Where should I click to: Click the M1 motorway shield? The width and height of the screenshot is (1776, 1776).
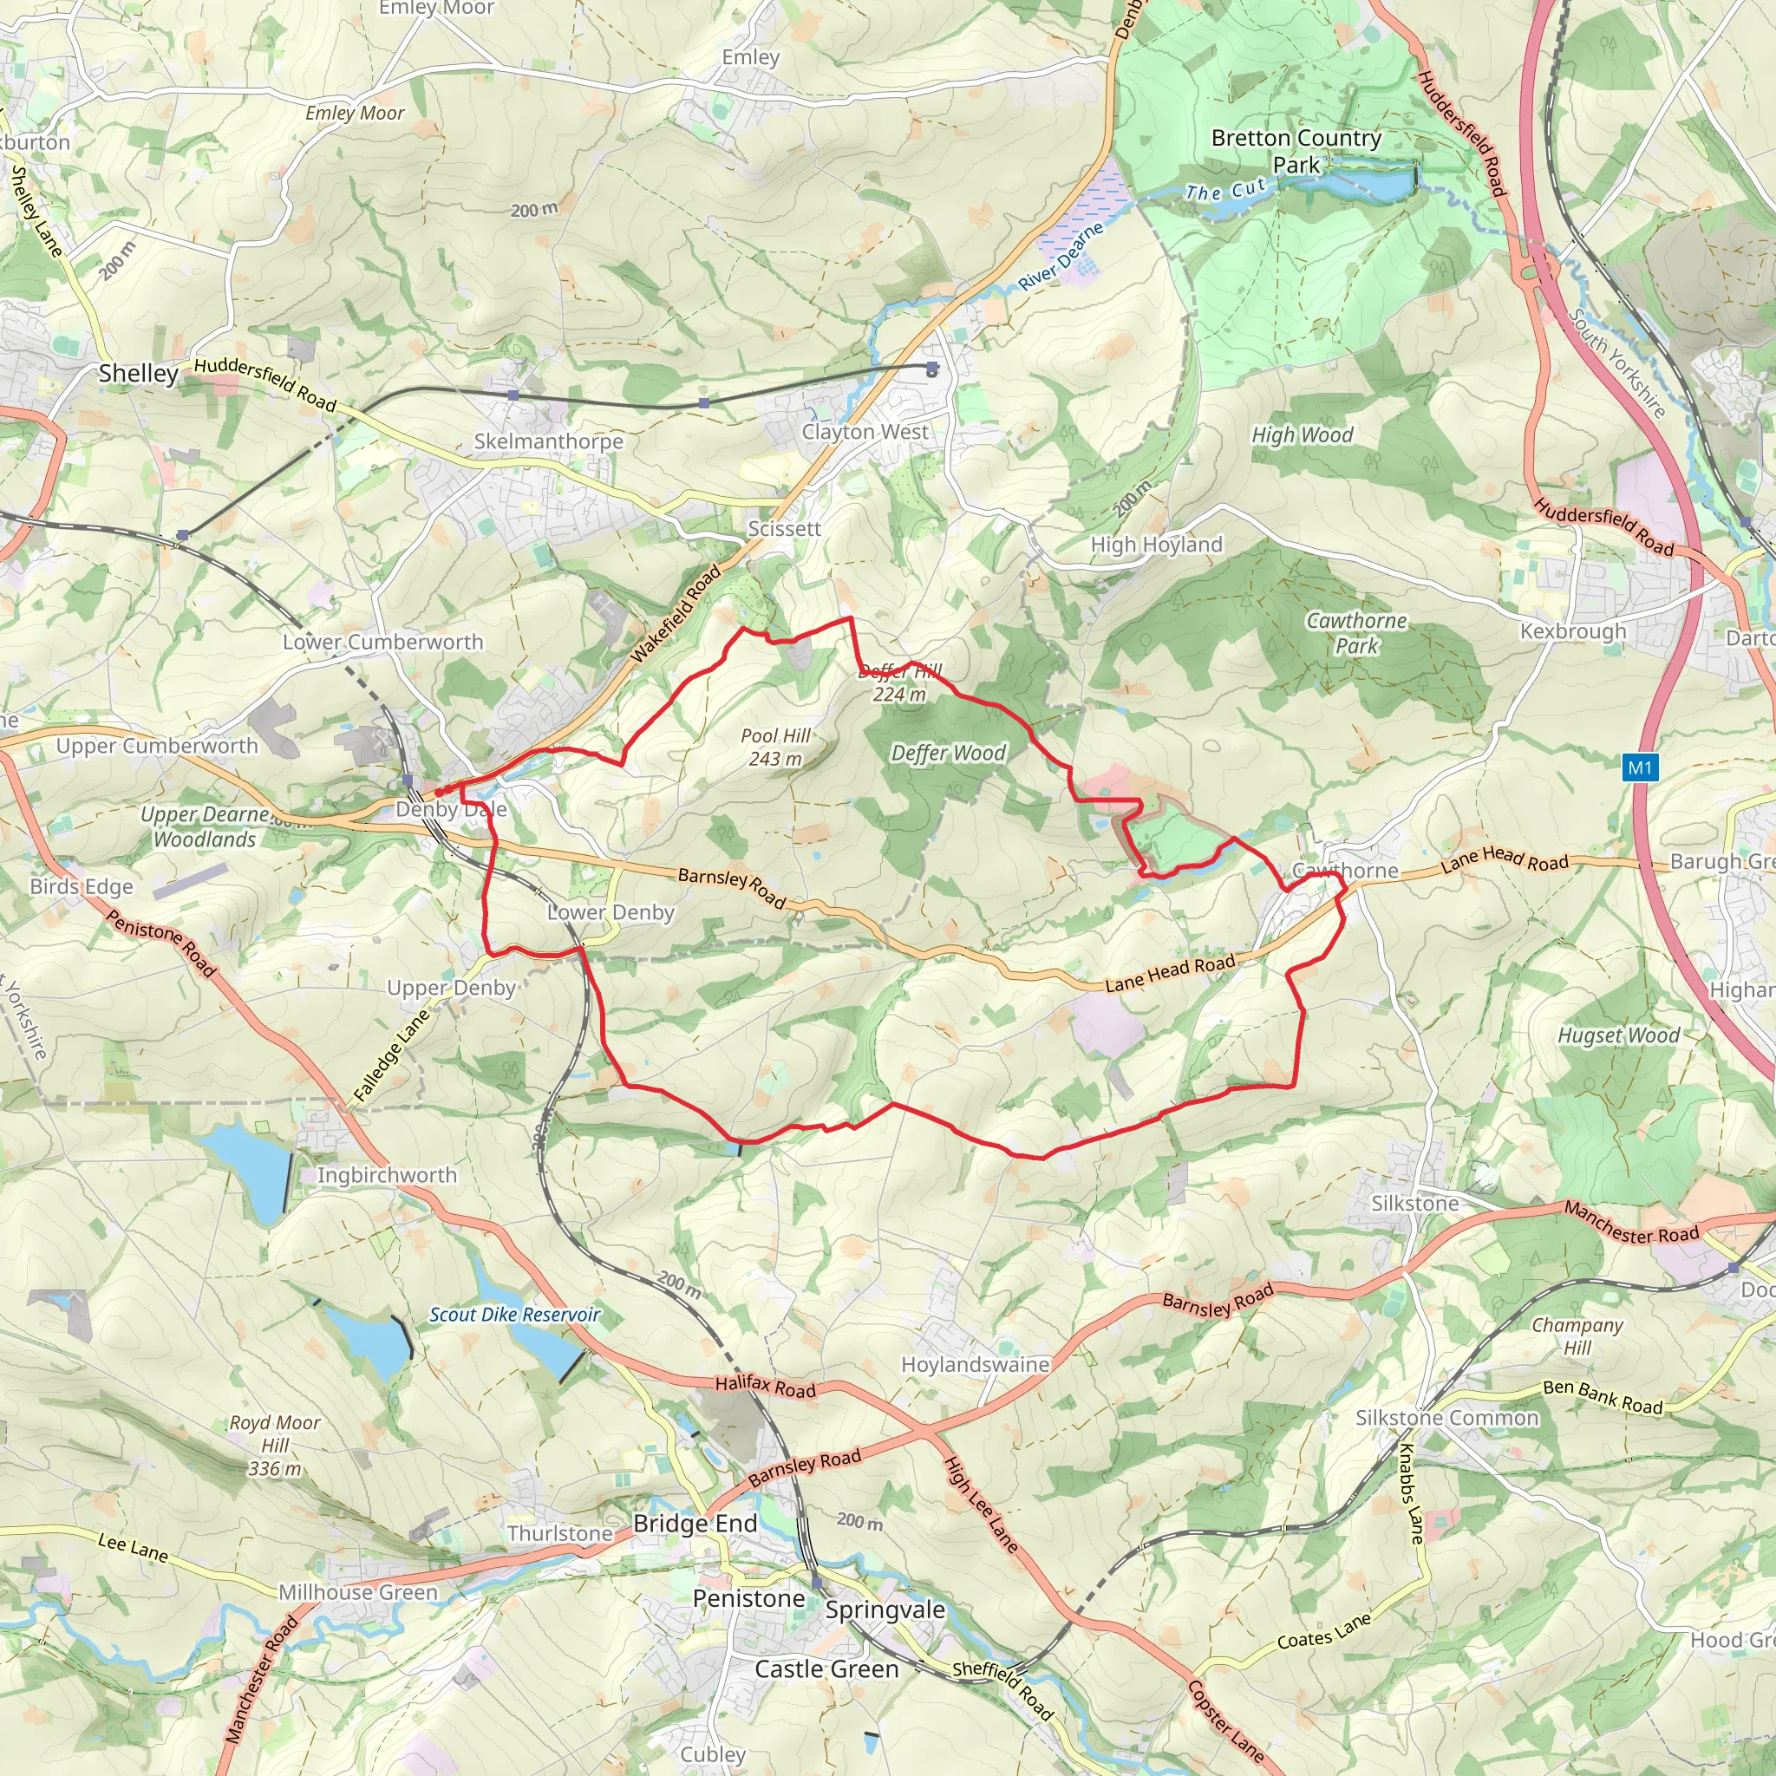tap(1640, 767)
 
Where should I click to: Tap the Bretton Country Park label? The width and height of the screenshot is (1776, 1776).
tap(1296, 152)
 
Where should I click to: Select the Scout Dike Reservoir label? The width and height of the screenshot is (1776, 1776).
tap(515, 1315)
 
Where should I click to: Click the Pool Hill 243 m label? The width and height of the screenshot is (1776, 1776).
tap(775, 748)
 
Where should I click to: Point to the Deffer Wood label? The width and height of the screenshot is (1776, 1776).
tap(949, 753)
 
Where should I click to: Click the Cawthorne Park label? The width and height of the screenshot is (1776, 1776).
tap(1357, 633)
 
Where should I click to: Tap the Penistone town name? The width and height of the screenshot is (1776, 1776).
tap(749, 1598)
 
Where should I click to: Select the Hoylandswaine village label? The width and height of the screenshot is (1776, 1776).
tap(976, 1364)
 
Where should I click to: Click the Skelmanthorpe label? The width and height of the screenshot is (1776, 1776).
tap(549, 441)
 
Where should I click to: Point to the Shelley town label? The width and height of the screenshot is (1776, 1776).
tap(139, 373)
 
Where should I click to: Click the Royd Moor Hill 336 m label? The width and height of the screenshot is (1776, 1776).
tap(275, 1445)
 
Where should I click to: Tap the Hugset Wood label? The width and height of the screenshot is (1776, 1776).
tap(1619, 1035)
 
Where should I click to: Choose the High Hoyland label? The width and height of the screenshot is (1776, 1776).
tap(1157, 545)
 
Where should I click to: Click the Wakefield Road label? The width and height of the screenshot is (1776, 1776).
tap(676, 614)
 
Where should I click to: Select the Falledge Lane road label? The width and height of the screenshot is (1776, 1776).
tap(393, 1055)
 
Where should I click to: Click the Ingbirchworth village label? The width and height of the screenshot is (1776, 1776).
tap(387, 1175)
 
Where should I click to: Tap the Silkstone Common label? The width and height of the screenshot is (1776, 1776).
tap(1447, 1418)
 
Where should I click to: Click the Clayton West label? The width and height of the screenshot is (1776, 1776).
tap(865, 431)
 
